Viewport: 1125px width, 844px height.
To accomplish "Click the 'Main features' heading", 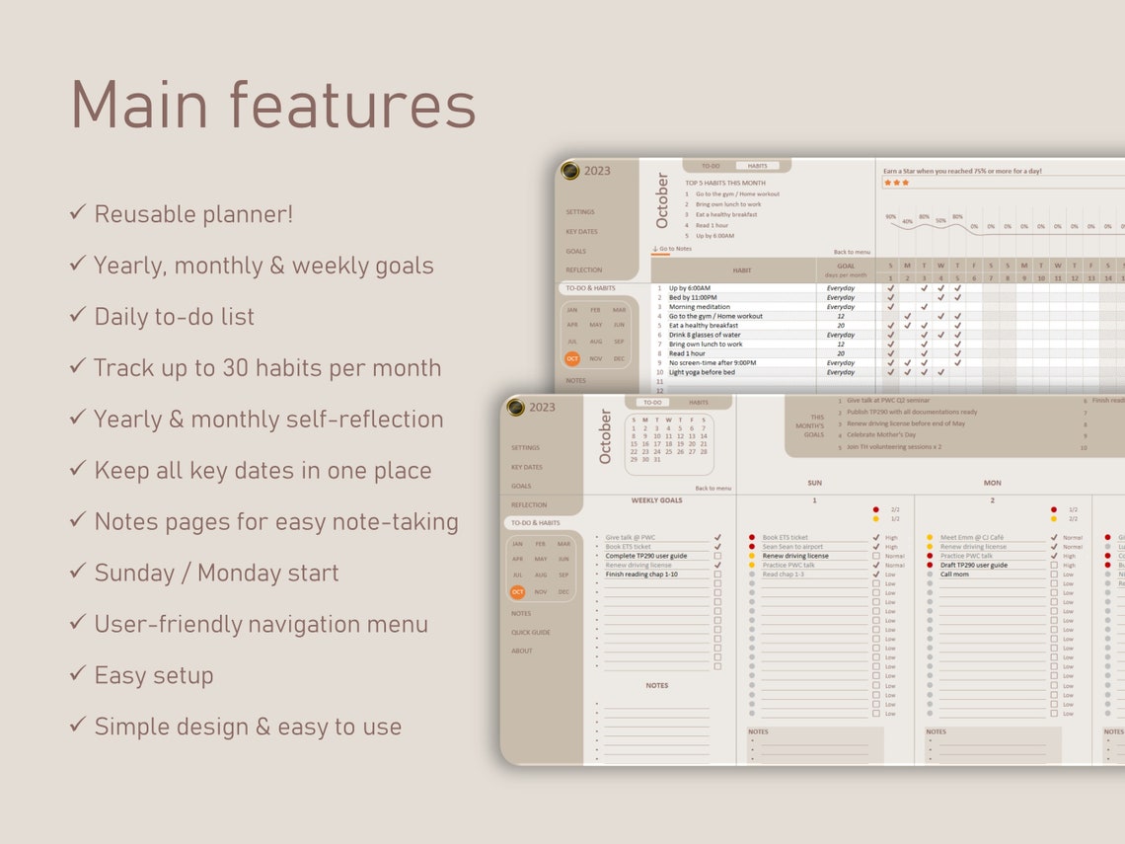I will (272, 105).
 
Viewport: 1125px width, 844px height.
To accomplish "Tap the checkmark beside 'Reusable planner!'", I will (78, 212).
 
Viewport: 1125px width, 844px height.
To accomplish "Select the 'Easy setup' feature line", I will (153, 675).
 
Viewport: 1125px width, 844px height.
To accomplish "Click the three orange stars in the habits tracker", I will (896, 183).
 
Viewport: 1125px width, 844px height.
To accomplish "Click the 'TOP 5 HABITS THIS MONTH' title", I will (725, 183).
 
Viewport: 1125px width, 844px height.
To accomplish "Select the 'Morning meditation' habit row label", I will (700, 307).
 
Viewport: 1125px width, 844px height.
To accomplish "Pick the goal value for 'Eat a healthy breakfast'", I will (841, 326).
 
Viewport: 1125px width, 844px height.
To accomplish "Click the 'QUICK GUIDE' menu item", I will (531, 632).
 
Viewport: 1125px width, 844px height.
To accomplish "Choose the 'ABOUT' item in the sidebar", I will (522, 651).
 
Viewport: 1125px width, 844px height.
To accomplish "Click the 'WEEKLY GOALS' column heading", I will (657, 500).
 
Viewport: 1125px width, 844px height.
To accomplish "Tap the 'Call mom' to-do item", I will (954, 575).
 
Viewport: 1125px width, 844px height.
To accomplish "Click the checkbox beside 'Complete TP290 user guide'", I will (717, 556).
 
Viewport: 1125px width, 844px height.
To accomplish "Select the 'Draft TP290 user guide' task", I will (974, 565).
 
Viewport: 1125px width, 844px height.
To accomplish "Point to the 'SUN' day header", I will (814, 483).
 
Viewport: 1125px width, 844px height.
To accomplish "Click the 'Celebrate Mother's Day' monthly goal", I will (881, 434).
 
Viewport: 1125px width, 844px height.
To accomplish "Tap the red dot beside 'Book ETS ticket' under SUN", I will (752, 538).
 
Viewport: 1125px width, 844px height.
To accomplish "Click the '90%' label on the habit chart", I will (890, 216).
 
